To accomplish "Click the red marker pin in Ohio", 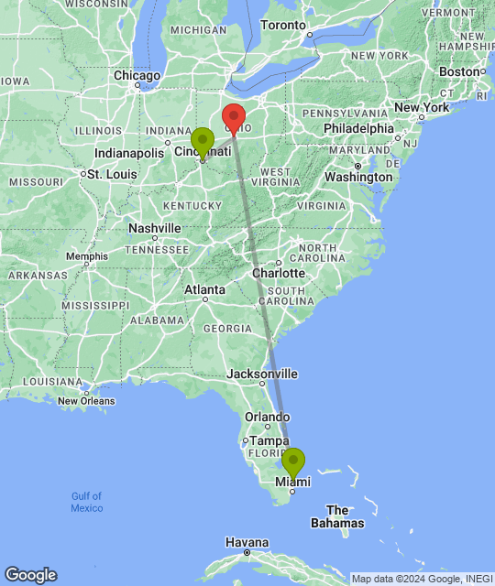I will (x=234, y=118).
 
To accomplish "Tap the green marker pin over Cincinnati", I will (x=202, y=142).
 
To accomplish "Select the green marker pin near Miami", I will (x=293, y=462).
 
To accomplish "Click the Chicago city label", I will (x=137, y=75).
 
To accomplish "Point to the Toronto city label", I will (x=287, y=25).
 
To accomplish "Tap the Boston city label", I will (x=459, y=71).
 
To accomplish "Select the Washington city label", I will (x=358, y=176).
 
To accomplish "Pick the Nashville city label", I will (x=155, y=228).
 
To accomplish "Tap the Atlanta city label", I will (x=204, y=290).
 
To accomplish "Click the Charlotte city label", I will (x=280, y=273).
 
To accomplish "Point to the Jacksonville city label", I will (x=264, y=374).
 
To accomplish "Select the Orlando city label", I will (x=267, y=418).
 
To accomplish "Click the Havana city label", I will (x=247, y=542).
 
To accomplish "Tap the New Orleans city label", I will (x=86, y=400).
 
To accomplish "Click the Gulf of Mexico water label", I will (x=87, y=502).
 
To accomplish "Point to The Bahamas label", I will (x=337, y=516).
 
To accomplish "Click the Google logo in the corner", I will (x=30, y=575).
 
